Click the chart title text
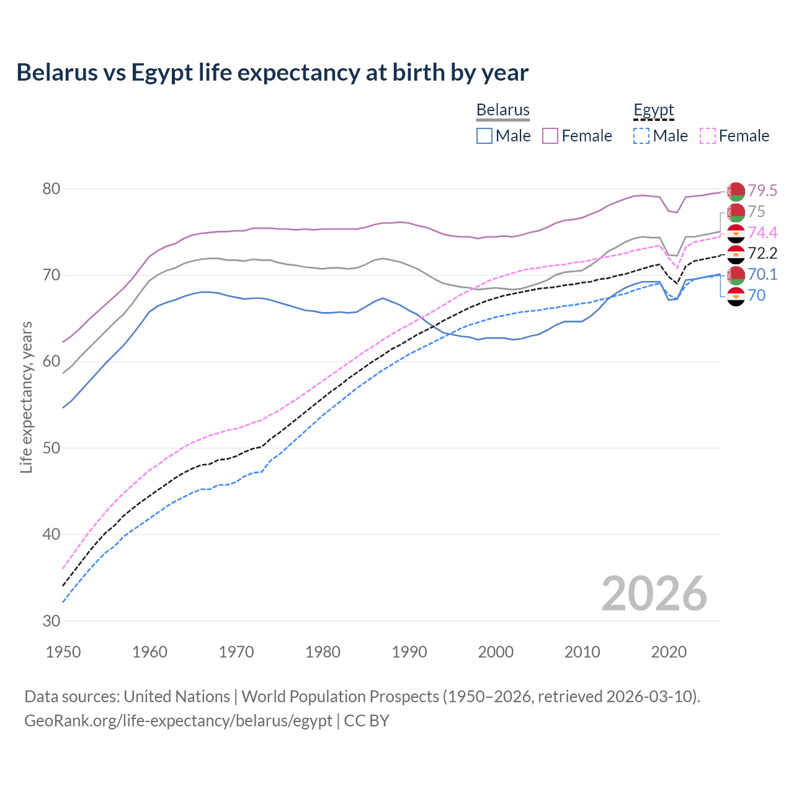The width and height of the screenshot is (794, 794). [x=272, y=73]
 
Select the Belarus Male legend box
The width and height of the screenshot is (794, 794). [x=484, y=136]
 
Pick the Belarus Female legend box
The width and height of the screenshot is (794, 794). [x=550, y=136]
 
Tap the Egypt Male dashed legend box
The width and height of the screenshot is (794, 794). [x=641, y=136]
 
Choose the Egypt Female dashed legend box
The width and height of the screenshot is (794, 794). [x=708, y=136]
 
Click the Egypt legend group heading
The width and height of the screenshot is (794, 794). [x=653, y=110]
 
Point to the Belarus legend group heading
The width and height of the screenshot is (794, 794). [x=502, y=110]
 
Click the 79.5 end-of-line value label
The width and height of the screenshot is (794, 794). [x=762, y=190]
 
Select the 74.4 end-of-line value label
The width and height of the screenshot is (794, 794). [x=762, y=233]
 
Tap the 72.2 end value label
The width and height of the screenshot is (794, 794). [x=762, y=253]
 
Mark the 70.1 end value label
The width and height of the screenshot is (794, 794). [x=762, y=274]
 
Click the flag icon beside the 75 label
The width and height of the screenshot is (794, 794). [x=736, y=212]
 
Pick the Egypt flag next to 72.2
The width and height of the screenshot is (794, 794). [x=736, y=254]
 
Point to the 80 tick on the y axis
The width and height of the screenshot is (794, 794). [x=51, y=189]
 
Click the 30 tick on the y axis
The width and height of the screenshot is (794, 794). [x=51, y=621]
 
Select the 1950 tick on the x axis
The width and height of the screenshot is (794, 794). [x=64, y=652]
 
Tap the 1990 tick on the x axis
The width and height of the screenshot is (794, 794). [x=409, y=652]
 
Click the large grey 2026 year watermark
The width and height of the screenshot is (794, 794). [x=654, y=594]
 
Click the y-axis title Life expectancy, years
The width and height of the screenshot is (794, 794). [x=26, y=397]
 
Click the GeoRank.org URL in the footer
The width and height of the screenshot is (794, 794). [x=178, y=721]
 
